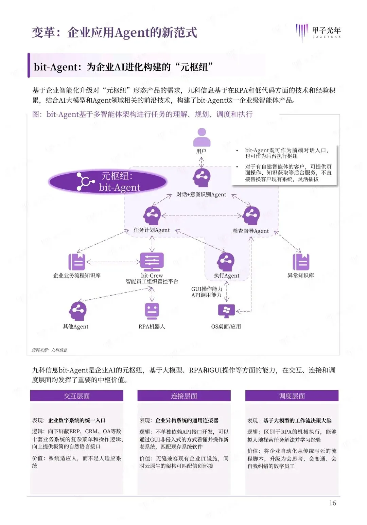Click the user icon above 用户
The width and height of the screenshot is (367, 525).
point(202,137)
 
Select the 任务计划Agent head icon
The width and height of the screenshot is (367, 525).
point(152,215)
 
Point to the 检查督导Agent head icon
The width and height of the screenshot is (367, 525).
point(251,215)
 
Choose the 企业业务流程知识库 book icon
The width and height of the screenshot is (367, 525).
point(77,262)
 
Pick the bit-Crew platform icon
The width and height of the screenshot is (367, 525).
point(152,262)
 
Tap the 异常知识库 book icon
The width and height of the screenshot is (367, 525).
point(301,262)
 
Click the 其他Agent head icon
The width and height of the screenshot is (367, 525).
point(78,311)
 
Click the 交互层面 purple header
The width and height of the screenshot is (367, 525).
point(77,396)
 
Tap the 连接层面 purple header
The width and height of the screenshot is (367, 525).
point(184,396)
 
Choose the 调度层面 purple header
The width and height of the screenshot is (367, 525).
point(292,396)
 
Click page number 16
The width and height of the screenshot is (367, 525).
point(332,503)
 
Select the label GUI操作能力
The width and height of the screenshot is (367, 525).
point(207,289)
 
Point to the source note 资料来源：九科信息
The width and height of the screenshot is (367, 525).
point(50,350)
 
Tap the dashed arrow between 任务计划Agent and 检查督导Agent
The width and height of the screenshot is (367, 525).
point(202,216)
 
